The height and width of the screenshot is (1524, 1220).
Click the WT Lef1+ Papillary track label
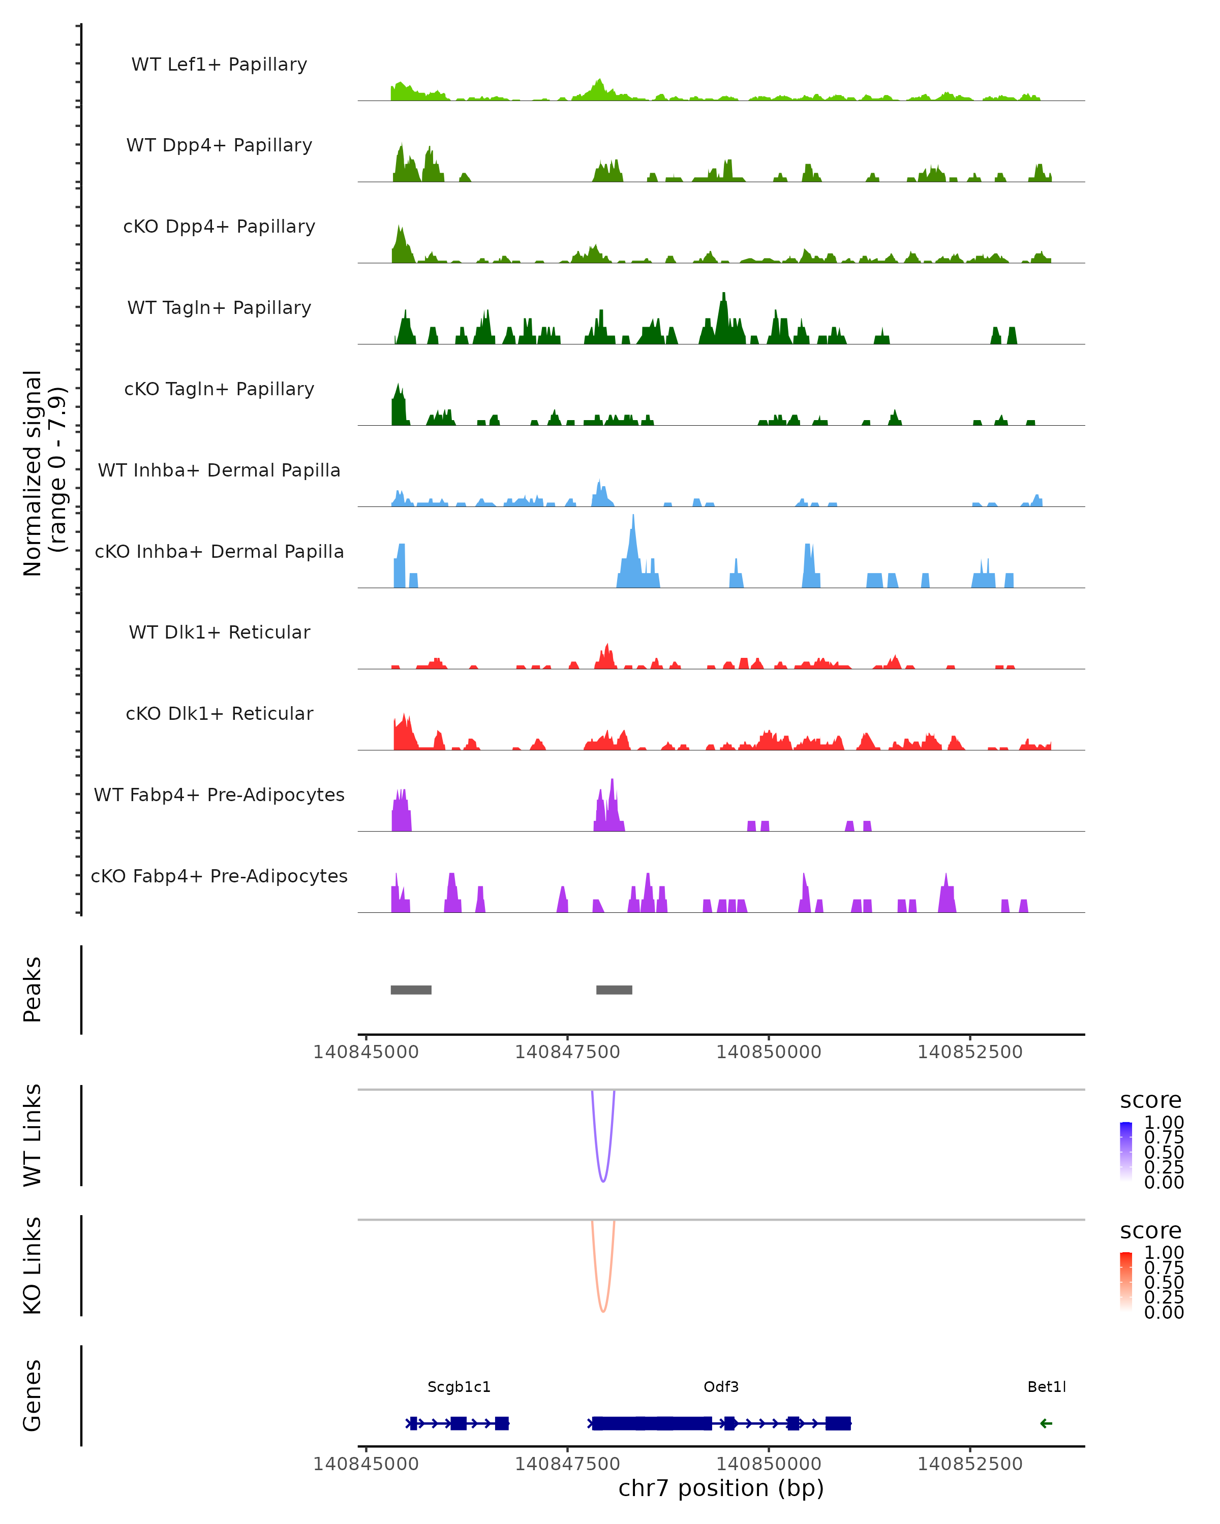219,65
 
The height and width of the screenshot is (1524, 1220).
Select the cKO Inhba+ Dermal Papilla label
219,551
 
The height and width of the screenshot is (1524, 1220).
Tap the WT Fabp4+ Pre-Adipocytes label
219,795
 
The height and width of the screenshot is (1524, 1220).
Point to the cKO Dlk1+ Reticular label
219,713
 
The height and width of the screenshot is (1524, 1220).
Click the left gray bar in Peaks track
411,990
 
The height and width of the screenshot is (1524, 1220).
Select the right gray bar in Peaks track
614,990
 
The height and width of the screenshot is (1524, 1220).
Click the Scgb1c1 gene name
459,1387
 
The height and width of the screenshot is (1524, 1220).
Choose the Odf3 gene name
721,1387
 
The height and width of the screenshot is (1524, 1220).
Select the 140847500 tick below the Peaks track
567,1052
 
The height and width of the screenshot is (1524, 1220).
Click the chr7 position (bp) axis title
721,1488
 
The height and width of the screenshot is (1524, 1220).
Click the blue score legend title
1150,1100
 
